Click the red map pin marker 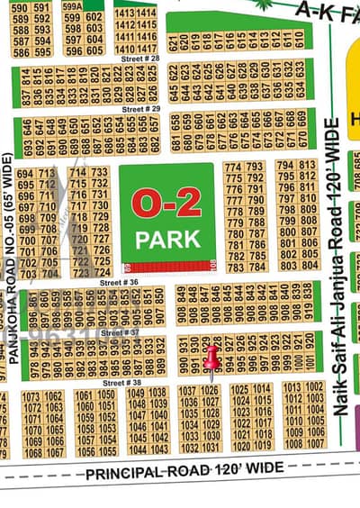(x=212, y=357)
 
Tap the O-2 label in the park (x=167, y=205)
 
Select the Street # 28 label (x=142, y=58)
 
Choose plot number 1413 (x=125, y=14)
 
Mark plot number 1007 (x=315, y=444)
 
